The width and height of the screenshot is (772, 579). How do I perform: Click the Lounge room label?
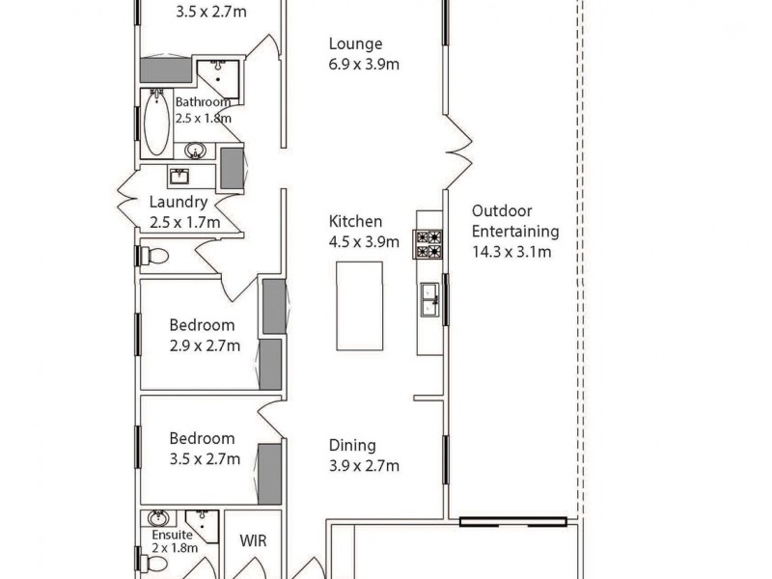(x=355, y=43)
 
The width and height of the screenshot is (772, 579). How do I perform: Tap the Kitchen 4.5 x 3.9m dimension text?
(x=364, y=242)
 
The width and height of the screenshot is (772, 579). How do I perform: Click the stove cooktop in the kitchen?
(x=428, y=244)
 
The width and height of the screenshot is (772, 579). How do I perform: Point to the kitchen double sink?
(x=429, y=300)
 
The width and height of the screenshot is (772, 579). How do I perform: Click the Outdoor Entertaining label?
(x=515, y=221)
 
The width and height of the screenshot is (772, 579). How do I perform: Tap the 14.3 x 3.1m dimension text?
(x=511, y=253)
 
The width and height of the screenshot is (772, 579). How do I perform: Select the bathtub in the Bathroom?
(x=156, y=122)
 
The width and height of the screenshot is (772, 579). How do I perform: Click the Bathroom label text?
(x=203, y=101)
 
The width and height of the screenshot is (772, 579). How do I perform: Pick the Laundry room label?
(x=179, y=203)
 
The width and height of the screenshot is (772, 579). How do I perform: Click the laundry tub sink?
(x=179, y=177)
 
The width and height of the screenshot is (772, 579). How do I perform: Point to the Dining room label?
(x=352, y=446)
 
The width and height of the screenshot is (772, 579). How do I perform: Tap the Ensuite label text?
(x=170, y=535)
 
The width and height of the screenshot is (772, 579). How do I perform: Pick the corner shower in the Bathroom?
(x=218, y=74)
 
